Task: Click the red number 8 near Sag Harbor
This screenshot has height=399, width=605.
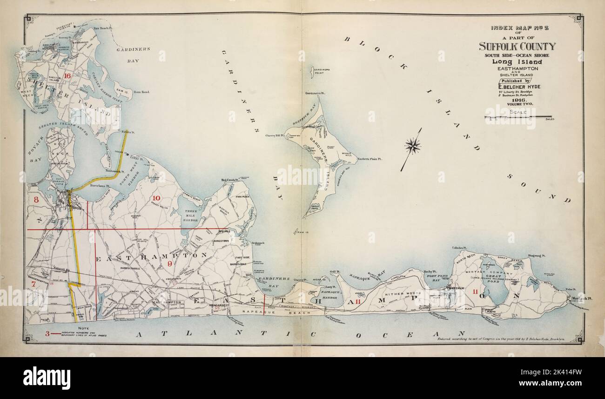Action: [x=36, y=199]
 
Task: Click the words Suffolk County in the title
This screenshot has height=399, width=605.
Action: [x=517, y=46]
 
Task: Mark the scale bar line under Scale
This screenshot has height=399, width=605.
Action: [x=518, y=116]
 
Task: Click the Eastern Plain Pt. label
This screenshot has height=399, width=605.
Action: [x=370, y=159]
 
